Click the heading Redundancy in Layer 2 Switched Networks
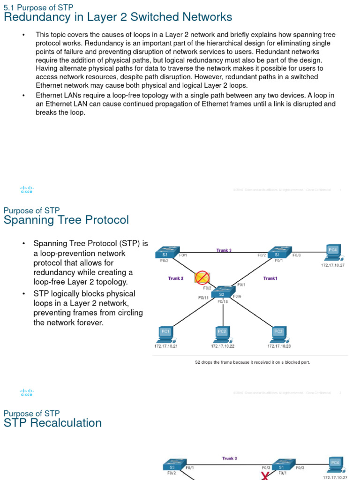tap(118, 17)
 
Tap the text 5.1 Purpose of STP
tap(38, 7)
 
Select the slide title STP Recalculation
tap(52, 423)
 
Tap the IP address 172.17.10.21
tap(166, 346)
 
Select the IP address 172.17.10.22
tap(222, 346)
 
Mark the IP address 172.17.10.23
tap(279, 346)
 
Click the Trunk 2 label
tap(176, 278)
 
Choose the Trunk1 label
tap(270, 278)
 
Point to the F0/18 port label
tap(223, 302)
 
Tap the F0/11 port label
tap(203, 297)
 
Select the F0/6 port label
tap(237, 296)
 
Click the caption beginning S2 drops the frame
tap(252, 362)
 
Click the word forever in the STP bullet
tap(90, 323)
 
